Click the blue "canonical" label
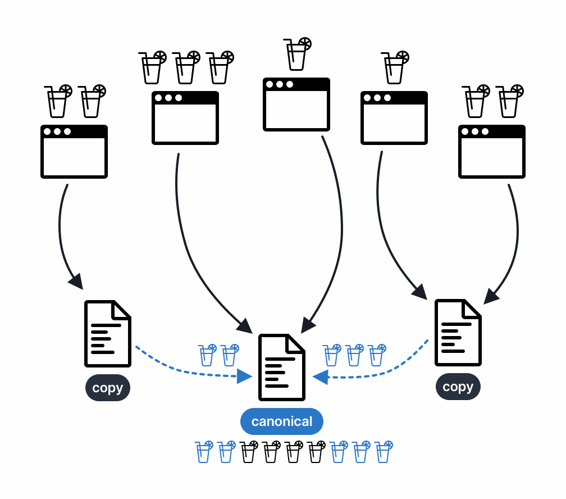point(281,421)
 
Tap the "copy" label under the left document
point(108,388)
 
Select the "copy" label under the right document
point(458,387)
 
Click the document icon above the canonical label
point(281,368)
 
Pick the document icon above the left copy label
point(107,334)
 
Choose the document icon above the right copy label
point(458,333)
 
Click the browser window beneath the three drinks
point(185,118)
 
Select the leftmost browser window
point(74,152)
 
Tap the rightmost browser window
point(491,152)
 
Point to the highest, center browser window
point(296,105)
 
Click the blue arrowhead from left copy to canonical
point(244,376)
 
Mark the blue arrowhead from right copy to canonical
point(320,376)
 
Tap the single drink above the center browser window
point(297,54)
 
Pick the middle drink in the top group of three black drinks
point(186,67)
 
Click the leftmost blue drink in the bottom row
point(204,452)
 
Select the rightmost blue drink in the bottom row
point(384,452)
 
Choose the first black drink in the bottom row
point(249,452)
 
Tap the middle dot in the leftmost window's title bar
point(57,131)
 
